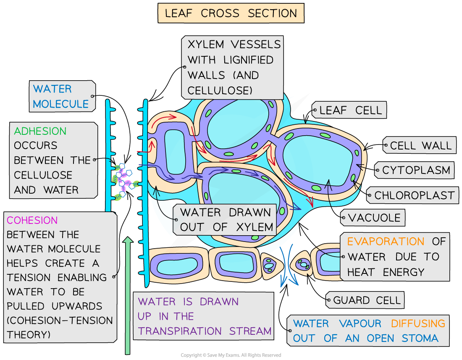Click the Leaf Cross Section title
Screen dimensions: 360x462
pyautogui.click(x=231, y=13)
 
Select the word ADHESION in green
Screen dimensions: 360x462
pyautogui.click(x=40, y=131)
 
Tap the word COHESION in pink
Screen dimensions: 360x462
pyautogui.click(x=32, y=220)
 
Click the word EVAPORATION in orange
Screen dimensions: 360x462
pyautogui.click(x=380, y=242)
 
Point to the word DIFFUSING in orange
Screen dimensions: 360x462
pyautogui.click(x=418, y=323)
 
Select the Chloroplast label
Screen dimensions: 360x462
pyautogui.click(x=414, y=195)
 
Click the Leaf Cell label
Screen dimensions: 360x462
pyautogui.click(x=351, y=110)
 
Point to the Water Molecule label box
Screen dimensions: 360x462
pyautogui.click(x=61, y=96)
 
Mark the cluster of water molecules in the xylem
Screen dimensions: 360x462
pyautogui.click(x=125, y=181)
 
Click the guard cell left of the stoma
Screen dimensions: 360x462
pyautogui.click(x=268, y=264)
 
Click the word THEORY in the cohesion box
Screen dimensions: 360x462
pyautogui.click(x=29, y=334)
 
